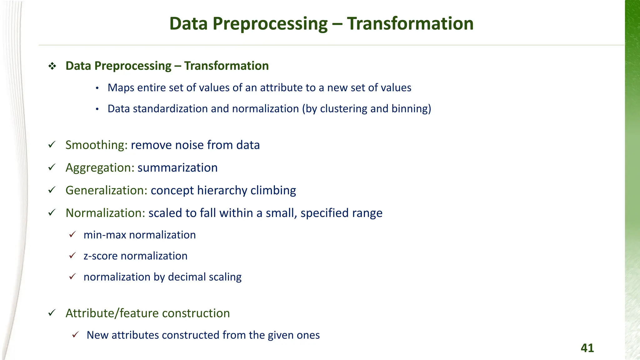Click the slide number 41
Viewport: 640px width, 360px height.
587,348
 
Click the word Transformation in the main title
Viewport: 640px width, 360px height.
410,24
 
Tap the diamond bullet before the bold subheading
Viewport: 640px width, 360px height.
52,66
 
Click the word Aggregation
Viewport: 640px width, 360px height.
100,168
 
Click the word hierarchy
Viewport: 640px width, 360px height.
222,190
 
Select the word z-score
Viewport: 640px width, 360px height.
100,256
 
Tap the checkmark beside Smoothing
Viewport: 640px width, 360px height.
52,145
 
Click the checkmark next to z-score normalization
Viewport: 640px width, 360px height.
72,256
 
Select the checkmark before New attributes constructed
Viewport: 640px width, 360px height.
75,335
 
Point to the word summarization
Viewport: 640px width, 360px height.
177,168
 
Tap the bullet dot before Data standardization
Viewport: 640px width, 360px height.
97,109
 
